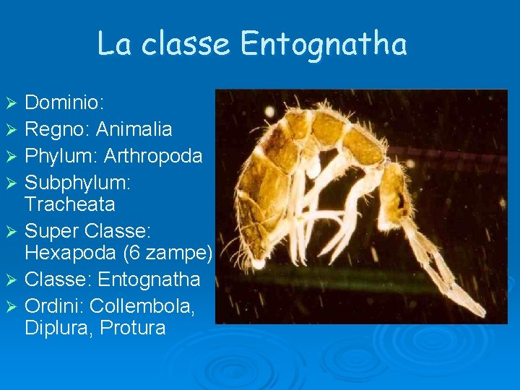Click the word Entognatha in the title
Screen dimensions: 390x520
[324, 45]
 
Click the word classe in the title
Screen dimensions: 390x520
[186, 45]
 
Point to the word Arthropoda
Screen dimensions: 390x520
[153, 155]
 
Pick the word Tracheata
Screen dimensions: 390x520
[70, 204]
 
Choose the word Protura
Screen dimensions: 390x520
[134, 328]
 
